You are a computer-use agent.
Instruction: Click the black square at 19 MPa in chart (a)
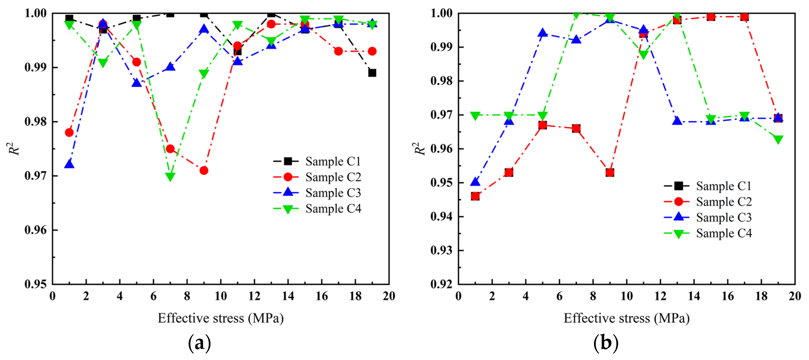point(372,73)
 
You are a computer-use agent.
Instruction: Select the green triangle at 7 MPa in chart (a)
point(170,177)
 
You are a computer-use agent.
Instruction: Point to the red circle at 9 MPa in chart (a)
point(204,170)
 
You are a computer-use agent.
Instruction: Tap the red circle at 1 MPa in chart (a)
point(69,132)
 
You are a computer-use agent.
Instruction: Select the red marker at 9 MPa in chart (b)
point(610,172)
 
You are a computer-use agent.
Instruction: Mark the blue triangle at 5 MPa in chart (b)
point(542,33)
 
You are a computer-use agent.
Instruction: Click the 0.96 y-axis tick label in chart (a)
point(35,230)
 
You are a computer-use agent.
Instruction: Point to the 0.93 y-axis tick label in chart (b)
point(441,251)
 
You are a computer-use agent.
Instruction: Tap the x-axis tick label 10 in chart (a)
point(220,296)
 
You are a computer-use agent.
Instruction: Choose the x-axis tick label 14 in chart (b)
point(694,296)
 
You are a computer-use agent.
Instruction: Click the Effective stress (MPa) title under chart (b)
point(627,318)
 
